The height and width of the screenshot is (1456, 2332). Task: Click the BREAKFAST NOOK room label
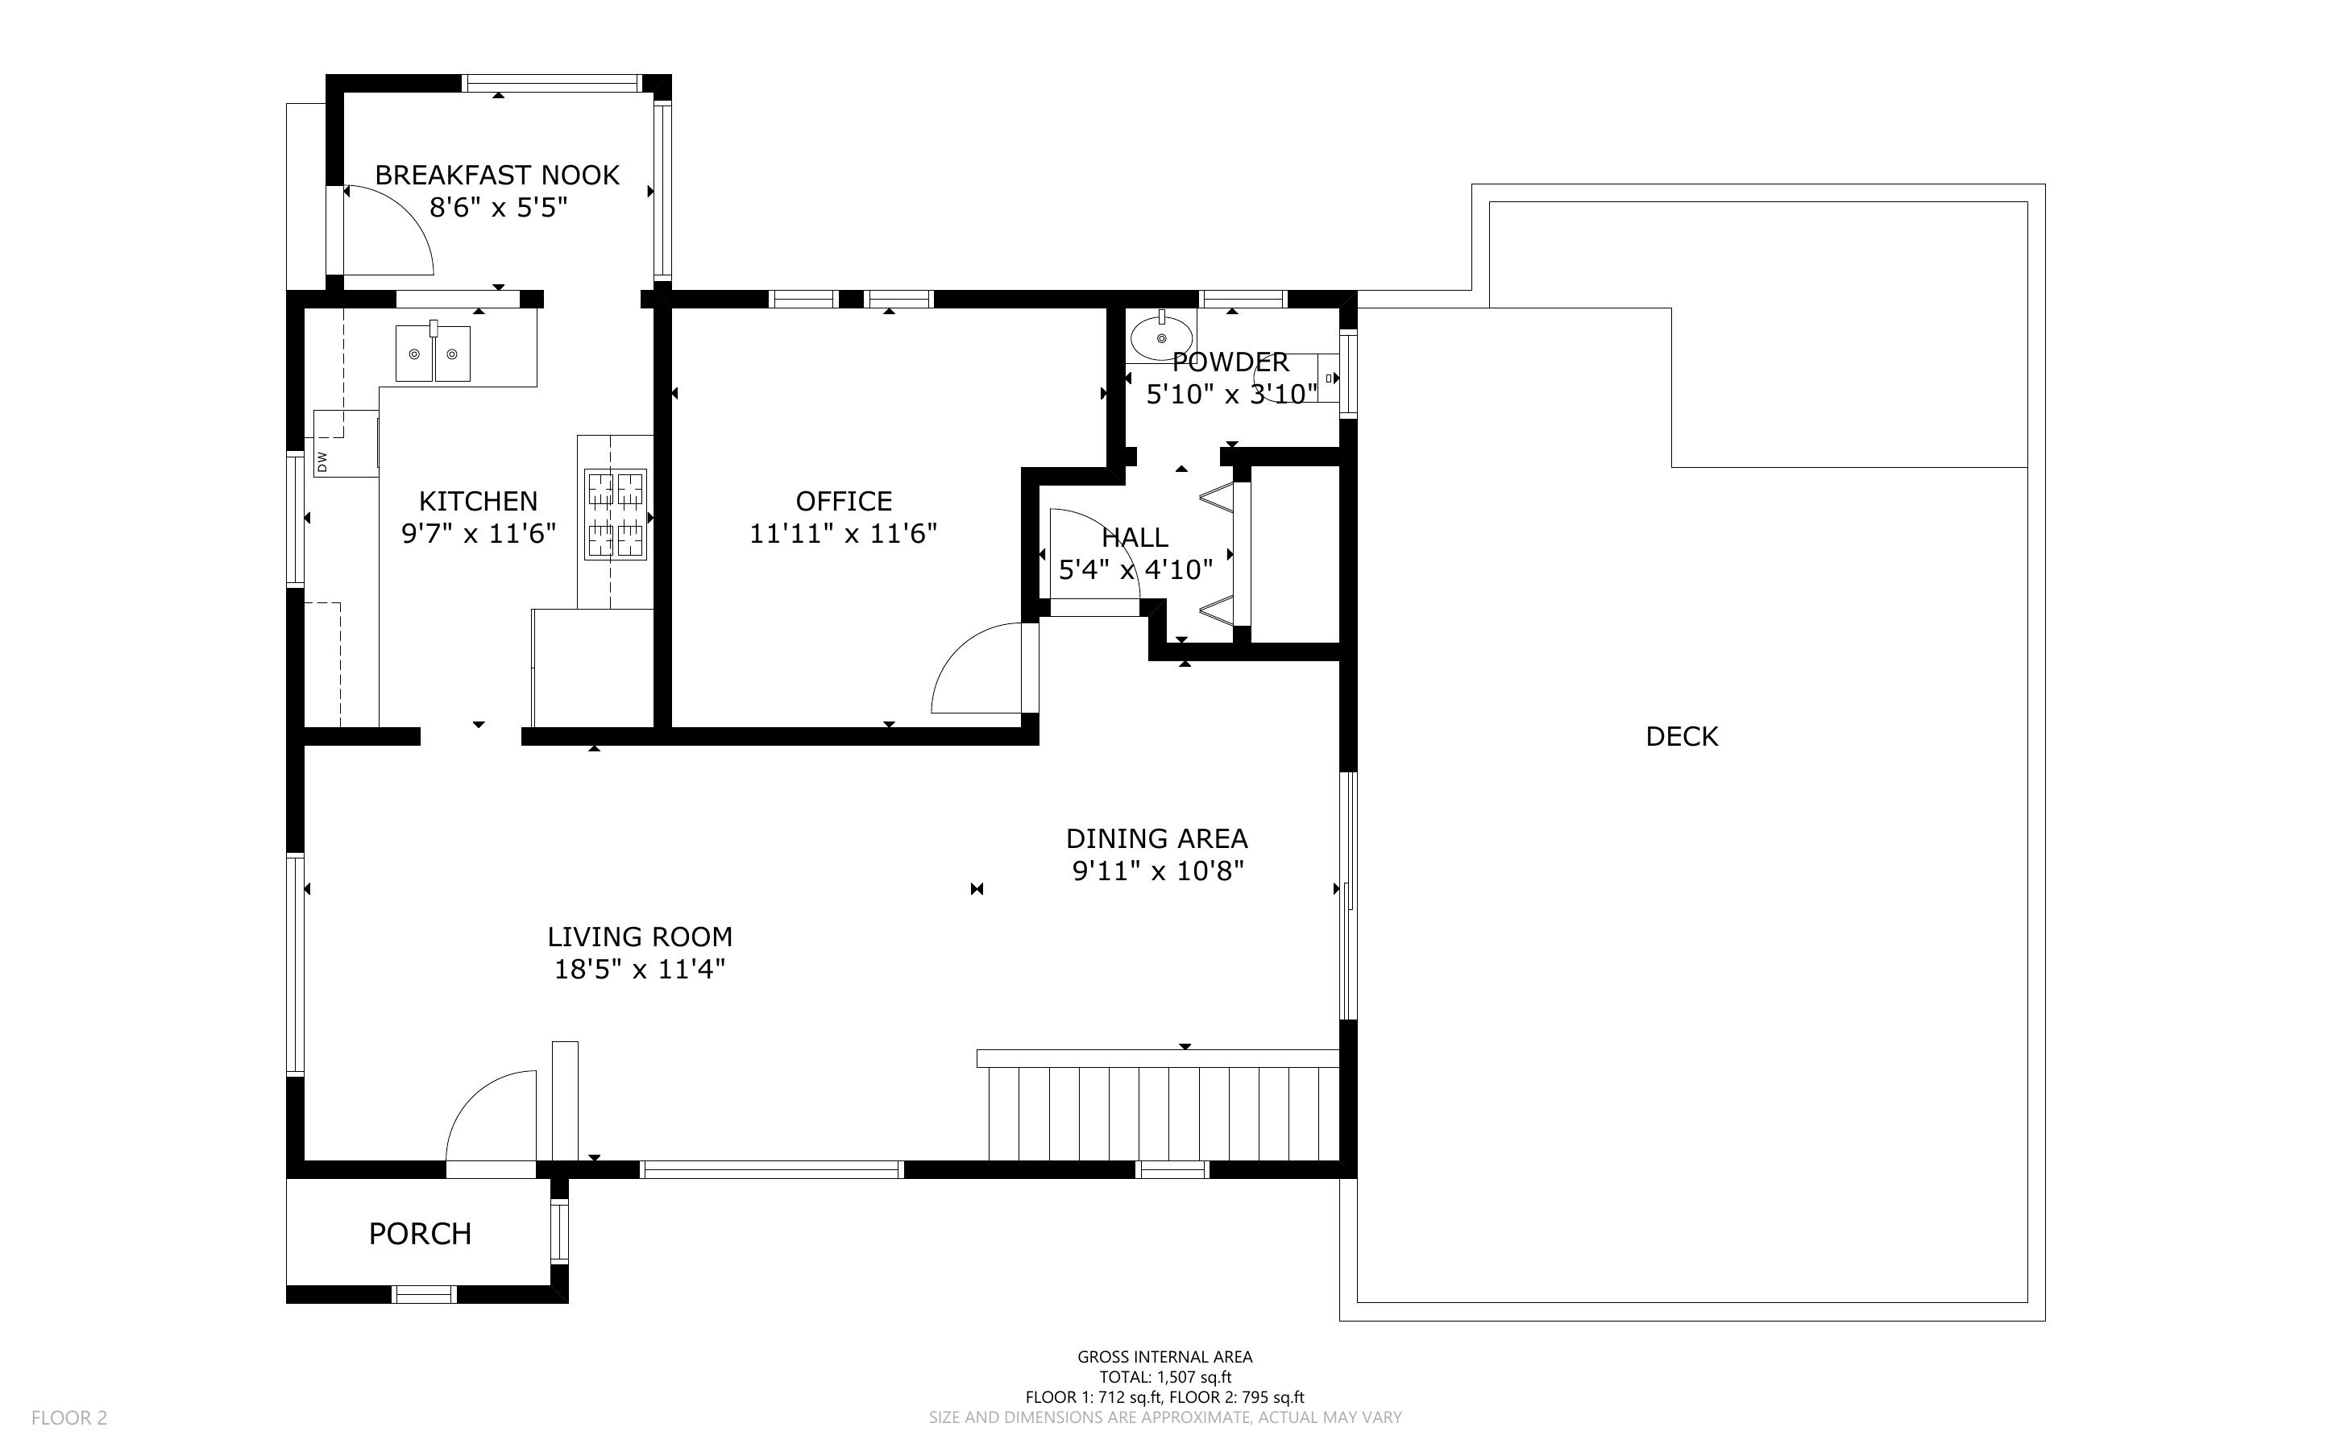pos(497,176)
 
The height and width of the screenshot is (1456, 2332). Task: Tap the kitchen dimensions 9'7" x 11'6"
pos(479,533)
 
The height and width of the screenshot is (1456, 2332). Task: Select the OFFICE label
pos(844,501)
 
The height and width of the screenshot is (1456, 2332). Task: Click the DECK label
pos(1682,737)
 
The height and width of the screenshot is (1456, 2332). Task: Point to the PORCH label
pos(420,1234)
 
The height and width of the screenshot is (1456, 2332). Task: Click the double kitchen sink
pos(434,353)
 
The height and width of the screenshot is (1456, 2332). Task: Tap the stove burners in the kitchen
pos(616,515)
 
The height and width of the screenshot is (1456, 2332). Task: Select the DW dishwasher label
pos(322,462)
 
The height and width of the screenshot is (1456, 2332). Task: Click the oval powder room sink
pos(1162,337)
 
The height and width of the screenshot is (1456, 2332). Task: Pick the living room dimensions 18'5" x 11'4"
pos(640,969)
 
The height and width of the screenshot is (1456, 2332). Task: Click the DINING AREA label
pos(1157,839)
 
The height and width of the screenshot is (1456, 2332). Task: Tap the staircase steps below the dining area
pos(1164,1115)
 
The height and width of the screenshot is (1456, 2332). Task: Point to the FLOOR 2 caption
pos(69,1417)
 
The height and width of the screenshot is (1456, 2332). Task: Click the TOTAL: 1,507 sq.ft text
pos(1165,1377)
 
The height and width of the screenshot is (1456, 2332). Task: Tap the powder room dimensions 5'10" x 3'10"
pos(1232,394)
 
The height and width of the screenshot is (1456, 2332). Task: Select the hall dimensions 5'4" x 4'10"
pos(1135,570)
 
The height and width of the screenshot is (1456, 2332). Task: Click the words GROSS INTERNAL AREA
pos(1164,1357)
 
